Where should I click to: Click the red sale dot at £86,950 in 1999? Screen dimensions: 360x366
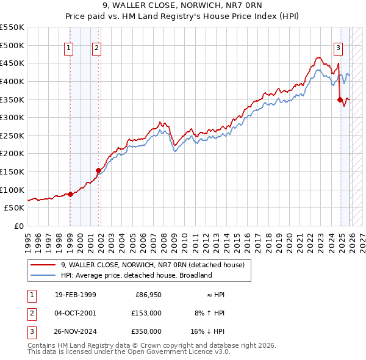coord(70,194)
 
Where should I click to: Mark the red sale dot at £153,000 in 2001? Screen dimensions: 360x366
coord(98,170)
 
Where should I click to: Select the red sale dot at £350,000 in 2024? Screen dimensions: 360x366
coord(340,99)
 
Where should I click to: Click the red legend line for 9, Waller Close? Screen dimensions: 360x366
coord(43,265)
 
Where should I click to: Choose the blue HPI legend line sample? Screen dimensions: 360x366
coord(43,275)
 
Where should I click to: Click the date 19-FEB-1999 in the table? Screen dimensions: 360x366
coord(75,295)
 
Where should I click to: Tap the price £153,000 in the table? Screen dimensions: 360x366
coord(146,313)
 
